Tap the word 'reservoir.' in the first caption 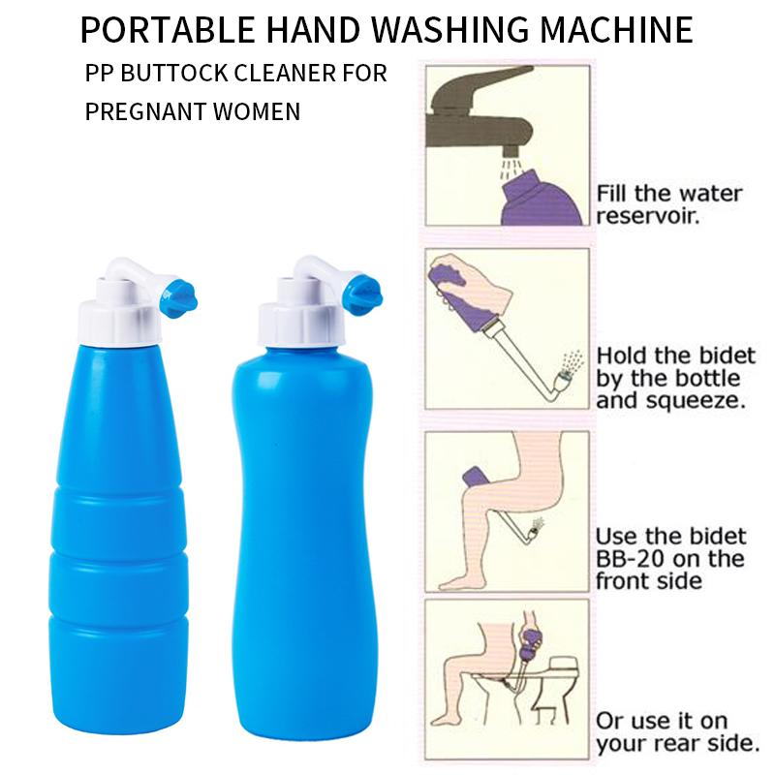[x=652, y=215]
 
